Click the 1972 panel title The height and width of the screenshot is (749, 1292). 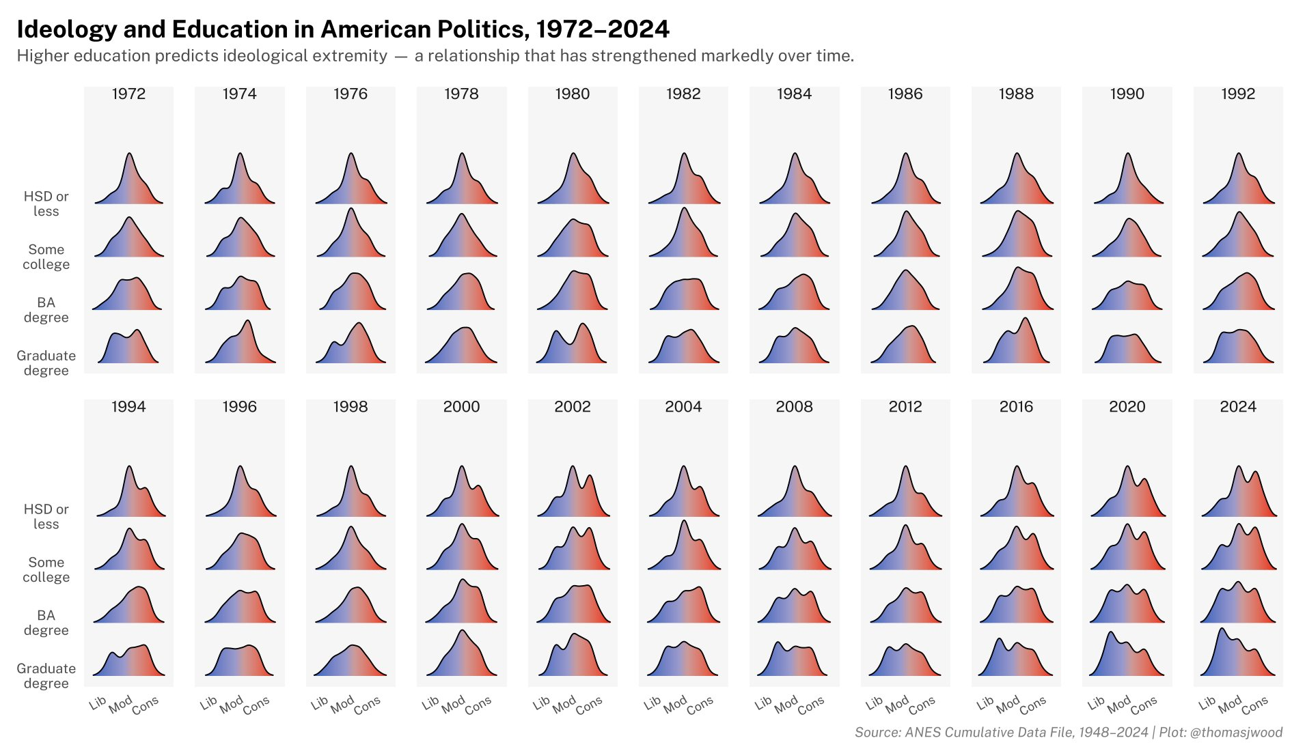click(128, 94)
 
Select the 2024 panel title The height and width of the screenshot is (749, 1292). click(1237, 407)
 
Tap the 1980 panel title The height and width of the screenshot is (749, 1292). click(572, 94)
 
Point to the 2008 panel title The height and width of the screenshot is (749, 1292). click(794, 407)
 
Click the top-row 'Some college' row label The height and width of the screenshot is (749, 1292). click(46, 257)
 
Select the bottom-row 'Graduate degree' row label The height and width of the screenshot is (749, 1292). click(46, 676)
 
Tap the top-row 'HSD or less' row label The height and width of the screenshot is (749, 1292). click(46, 203)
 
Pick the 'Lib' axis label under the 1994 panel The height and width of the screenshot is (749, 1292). click(98, 703)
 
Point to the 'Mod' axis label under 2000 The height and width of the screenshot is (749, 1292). click(454, 705)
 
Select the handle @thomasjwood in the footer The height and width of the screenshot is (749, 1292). click(1236, 733)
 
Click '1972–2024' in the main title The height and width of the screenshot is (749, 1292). click(603, 29)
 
